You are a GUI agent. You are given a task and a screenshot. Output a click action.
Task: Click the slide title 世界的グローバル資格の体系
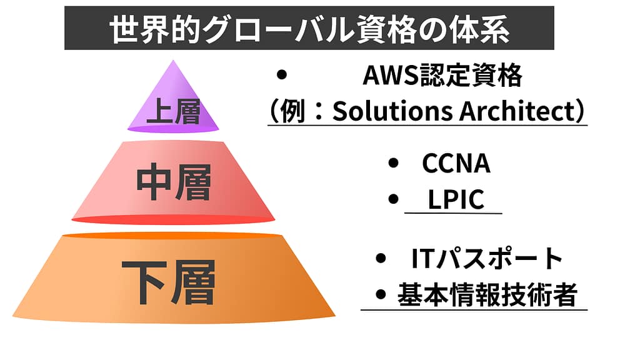[309, 29]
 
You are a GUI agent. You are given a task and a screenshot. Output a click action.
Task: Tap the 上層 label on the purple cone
[173, 112]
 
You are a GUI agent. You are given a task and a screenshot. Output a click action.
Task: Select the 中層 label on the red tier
[174, 182]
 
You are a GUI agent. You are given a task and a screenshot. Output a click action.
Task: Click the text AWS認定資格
[442, 77]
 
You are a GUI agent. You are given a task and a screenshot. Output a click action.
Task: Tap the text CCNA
[456, 164]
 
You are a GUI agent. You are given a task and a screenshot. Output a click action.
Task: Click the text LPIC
[456, 199]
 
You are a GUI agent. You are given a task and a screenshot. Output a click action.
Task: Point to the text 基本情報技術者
[487, 294]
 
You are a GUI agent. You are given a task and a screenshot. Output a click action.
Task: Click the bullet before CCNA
[393, 164]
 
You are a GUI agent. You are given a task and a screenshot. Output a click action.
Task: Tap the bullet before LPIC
[393, 199]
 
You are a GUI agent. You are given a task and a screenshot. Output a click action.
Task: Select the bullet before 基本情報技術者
[380, 294]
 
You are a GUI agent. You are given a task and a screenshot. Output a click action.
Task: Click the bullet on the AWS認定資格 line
[281, 76]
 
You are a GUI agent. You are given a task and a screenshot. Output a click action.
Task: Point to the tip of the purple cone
[173, 62]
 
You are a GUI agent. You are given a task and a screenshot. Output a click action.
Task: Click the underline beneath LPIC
[453, 213]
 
